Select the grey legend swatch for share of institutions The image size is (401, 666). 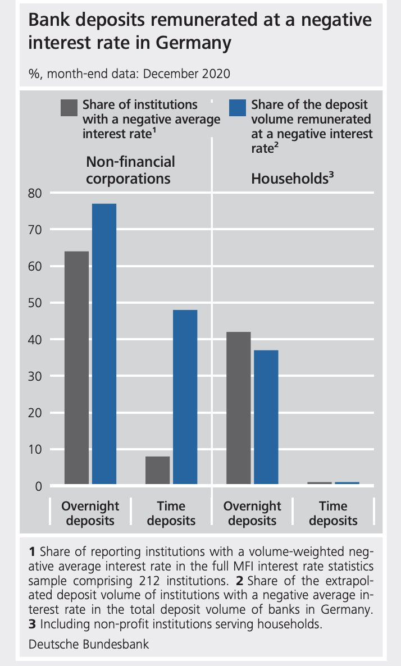tap(69, 108)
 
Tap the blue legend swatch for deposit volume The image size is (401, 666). tap(239, 108)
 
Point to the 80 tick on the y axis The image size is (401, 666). tap(35, 193)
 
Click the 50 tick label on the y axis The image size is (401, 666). tap(35, 303)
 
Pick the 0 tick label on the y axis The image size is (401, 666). tap(39, 486)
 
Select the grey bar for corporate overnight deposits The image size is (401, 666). tap(76, 367)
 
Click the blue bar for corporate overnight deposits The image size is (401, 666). tap(104, 343)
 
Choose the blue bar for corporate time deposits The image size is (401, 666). tap(185, 396)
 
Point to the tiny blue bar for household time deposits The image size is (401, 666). tap(347, 482)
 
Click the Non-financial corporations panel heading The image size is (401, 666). tap(130, 170)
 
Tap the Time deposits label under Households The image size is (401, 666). tap(333, 513)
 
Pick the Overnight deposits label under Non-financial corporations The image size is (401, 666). tap(90, 513)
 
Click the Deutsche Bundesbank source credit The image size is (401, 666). tap(89, 644)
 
